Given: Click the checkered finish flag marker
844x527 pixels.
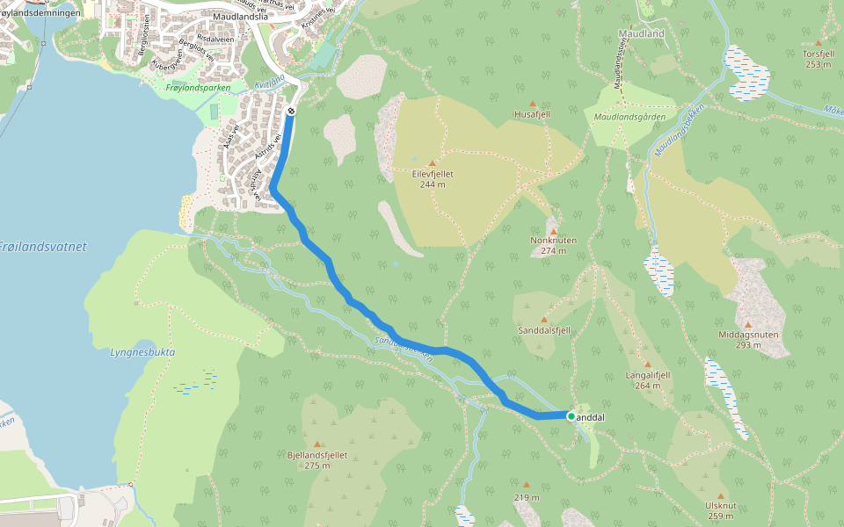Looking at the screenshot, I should coord(290,111).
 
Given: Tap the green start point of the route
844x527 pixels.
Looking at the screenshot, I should coord(571,416).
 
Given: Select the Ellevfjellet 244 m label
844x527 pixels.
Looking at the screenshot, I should coord(432,179).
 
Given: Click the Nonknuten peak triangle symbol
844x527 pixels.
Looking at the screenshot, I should coord(554,231).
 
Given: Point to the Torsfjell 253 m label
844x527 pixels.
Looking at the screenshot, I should coord(818,58).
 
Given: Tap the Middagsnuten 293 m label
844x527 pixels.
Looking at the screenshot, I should coord(748,340).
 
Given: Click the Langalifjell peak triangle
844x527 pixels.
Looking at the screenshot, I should coord(648,365).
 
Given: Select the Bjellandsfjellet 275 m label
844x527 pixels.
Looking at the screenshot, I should coord(317,459).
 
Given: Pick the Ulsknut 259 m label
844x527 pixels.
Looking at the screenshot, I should coord(719,510).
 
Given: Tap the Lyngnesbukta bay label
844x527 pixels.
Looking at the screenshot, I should coord(142,352).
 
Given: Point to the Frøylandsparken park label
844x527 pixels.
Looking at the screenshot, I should coord(198,88).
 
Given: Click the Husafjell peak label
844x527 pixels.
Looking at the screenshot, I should coord(532,114).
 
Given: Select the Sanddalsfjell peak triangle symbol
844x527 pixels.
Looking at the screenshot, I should coord(543,320).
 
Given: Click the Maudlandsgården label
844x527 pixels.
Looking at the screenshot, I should coord(629,116).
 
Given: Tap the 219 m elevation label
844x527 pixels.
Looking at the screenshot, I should coord(526,497).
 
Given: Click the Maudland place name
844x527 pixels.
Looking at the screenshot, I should coord(641,32).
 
